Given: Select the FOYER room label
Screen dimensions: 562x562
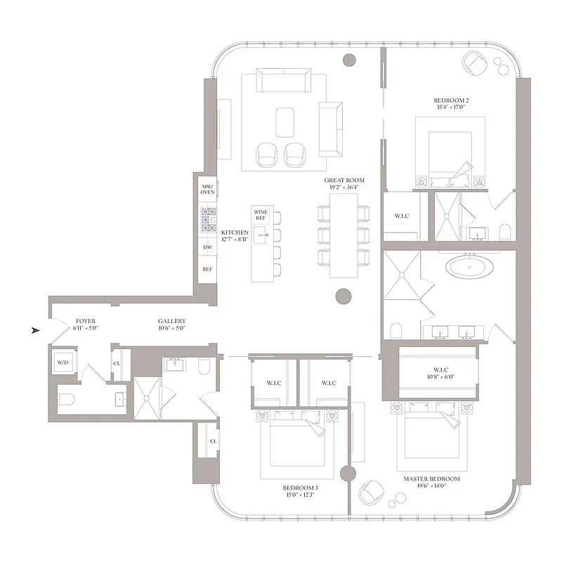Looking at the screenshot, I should tap(84, 324).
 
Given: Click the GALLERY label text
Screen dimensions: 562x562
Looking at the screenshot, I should tap(171, 324).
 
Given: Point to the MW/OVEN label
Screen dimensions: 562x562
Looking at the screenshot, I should tap(208, 188).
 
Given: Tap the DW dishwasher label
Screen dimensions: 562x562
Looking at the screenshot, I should tap(208, 247).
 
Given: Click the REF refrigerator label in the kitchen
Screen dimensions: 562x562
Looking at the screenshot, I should tap(208, 269).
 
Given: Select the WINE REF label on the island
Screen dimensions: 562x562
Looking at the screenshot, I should tap(261, 214).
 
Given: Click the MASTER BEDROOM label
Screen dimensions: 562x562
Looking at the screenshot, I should tap(431, 483).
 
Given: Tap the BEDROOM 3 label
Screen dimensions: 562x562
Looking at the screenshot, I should tap(301, 490).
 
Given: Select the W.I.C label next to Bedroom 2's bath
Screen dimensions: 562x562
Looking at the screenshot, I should tap(401, 216).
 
